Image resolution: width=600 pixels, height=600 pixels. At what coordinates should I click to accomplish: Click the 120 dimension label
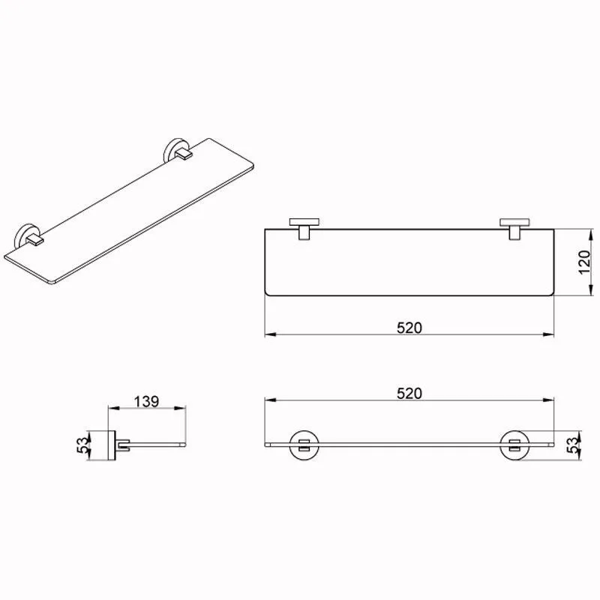(x=584, y=262)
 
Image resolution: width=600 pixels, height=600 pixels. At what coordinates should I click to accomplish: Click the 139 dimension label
(x=146, y=401)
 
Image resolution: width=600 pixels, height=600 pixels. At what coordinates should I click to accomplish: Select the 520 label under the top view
(x=409, y=328)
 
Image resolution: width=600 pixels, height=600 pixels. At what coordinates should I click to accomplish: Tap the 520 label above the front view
(x=409, y=393)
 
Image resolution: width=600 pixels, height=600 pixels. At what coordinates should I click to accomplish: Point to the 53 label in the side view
(x=83, y=445)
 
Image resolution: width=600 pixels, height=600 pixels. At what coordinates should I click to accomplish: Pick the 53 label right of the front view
(x=573, y=445)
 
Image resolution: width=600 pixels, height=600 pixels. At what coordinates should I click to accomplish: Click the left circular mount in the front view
(x=304, y=445)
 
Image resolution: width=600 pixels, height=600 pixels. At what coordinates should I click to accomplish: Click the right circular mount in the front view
(x=514, y=445)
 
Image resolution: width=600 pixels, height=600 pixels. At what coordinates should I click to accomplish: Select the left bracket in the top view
(x=304, y=229)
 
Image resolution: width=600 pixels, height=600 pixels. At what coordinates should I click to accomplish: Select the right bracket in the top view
(x=514, y=229)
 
